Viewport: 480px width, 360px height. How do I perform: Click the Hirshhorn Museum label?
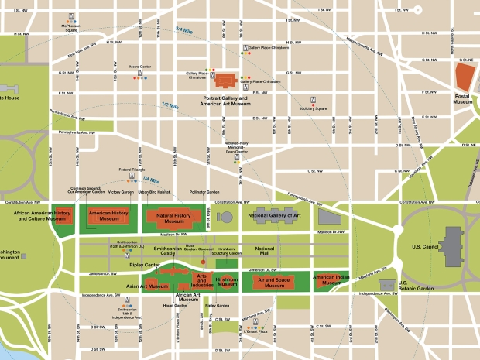pos(226,283)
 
